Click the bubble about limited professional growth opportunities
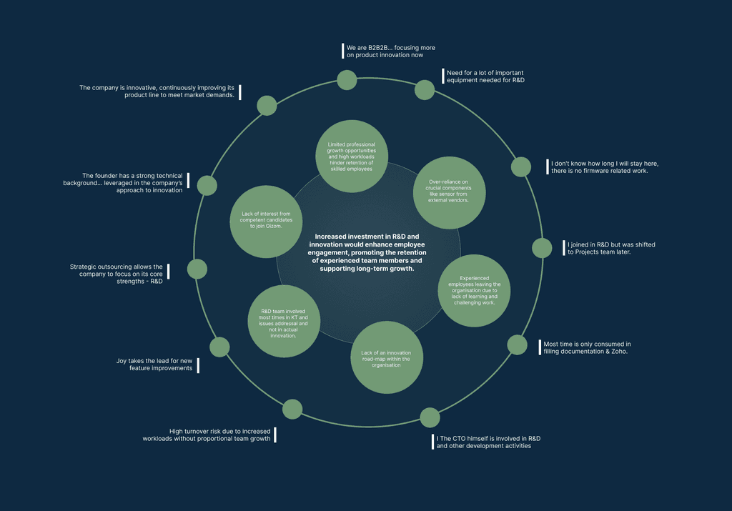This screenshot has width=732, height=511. click(x=352, y=156)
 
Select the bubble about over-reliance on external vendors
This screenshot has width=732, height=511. click(x=449, y=192)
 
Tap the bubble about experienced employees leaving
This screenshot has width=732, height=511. click(x=475, y=290)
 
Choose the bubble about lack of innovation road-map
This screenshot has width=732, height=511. click(x=386, y=358)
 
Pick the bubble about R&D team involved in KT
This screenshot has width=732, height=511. click(x=284, y=321)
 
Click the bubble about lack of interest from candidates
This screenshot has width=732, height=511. click(x=266, y=222)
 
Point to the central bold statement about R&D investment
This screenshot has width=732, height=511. click(x=367, y=252)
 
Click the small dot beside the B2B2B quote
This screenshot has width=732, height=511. click(x=347, y=80)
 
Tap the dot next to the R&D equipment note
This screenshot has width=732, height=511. click(x=425, y=90)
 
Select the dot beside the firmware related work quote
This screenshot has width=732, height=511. click(x=521, y=167)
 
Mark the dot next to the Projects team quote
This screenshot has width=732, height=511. click(x=542, y=248)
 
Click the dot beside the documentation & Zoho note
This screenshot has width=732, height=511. click(x=517, y=344)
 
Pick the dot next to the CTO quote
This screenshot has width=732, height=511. click(x=430, y=417)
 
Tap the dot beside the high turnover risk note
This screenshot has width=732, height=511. click(x=292, y=409)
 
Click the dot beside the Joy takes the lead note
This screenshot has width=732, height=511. click(x=219, y=347)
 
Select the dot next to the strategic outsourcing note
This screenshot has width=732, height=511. click(x=197, y=269)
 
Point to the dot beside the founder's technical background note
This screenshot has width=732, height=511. click(x=207, y=186)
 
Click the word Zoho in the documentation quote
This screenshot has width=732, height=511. click(x=618, y=352)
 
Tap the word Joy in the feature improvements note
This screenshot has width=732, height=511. click(x=122, y=360)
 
